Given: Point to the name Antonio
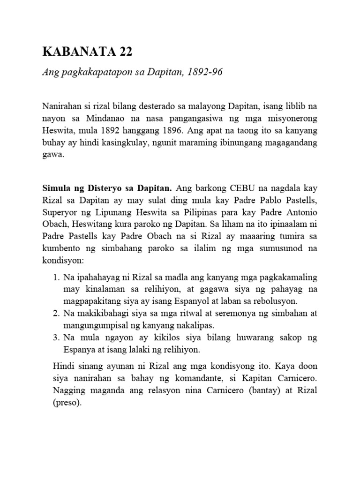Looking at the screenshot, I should (301, 213).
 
